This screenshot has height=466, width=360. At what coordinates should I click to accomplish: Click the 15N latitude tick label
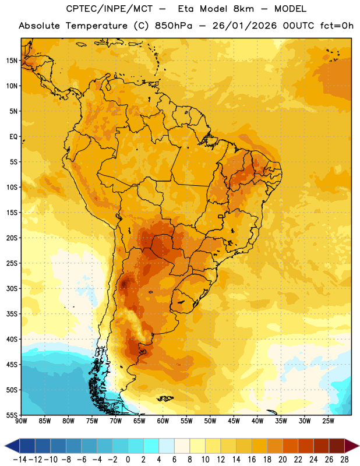coord(11,61)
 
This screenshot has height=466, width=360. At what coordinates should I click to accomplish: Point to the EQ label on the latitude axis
coord(13,137)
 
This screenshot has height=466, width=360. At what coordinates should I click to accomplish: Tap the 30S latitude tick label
coord(11,288)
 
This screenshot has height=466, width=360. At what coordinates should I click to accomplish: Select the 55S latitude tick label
coord(11,415)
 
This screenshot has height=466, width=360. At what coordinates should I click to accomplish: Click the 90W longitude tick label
coord(21,421)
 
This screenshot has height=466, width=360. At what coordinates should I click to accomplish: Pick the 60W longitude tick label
coord(163,421)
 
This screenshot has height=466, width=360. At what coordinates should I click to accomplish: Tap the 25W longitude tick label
coord(328,421)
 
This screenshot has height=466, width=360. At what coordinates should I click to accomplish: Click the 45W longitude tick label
coord(234,421)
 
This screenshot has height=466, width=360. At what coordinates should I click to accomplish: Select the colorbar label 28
coord(344,460)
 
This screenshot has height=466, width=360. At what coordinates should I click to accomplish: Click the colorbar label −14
coord(20,460)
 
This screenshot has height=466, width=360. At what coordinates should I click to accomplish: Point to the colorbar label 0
coord(128,460)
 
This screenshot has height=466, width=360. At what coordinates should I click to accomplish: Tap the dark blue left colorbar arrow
coord(12,446)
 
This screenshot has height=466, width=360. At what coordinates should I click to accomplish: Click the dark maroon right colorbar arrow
coord(352,446)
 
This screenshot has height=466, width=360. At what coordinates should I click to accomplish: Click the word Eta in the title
coord(185,9)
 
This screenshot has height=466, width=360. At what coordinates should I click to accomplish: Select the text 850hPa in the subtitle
coord(174,26)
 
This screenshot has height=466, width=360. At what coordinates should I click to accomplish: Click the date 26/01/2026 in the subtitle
coord(245,26)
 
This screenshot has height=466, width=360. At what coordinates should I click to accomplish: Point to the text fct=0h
coord(337,26)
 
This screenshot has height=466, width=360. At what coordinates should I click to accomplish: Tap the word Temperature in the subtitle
coord(97,26)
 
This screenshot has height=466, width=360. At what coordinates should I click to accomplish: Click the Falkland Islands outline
coord(165,398)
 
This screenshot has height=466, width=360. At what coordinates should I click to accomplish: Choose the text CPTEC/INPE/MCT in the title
coord(109,9)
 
